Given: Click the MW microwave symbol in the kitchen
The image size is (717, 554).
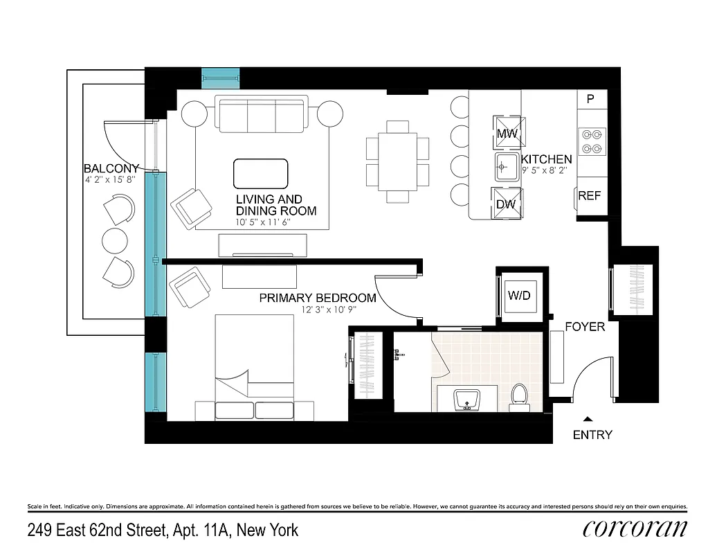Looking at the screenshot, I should click(507, 132).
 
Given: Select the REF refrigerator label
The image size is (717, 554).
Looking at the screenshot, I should click(590, 196).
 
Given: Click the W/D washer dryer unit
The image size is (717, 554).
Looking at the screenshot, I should click(519, 296).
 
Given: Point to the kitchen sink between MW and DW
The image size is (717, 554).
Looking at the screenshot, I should click(507, 167).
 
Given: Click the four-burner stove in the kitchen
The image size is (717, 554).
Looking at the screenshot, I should click(592, 141).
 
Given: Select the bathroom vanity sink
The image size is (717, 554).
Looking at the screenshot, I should click(467, 400).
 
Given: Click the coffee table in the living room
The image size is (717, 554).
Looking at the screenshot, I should click(260, 173).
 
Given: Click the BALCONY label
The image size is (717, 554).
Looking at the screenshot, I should click(111, 168).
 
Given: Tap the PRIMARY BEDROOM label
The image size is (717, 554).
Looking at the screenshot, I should click(318, 298).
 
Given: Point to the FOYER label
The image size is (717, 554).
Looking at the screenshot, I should click(585, 327).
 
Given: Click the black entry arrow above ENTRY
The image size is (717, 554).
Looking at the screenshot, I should click(588, 419).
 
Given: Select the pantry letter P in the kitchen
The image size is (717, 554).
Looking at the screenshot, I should click(590, 99).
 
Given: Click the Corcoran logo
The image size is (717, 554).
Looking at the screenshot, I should click(635, 529).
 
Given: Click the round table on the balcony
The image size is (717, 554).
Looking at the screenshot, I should click(115, 241).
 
